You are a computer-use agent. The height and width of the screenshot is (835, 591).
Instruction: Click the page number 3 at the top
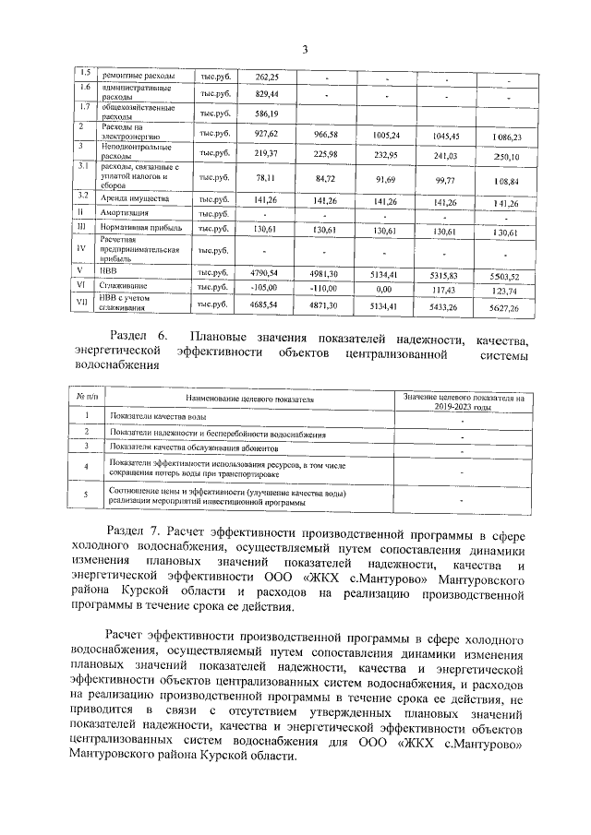tap(303, 49)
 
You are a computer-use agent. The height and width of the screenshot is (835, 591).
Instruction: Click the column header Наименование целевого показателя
tap(249, 400)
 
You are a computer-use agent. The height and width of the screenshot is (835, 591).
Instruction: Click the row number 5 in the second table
tap(85, 496)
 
